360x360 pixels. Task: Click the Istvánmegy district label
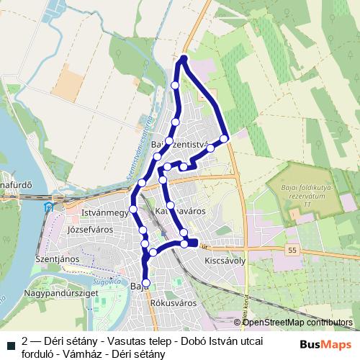tap(105, 213)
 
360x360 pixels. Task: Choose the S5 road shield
tap(291, 248)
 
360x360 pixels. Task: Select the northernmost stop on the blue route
tap(184, 58)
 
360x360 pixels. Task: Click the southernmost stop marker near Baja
tap(146, 283)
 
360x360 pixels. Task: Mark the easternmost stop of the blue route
tap(224, 138)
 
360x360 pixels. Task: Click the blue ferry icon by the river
tap(48, 207)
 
